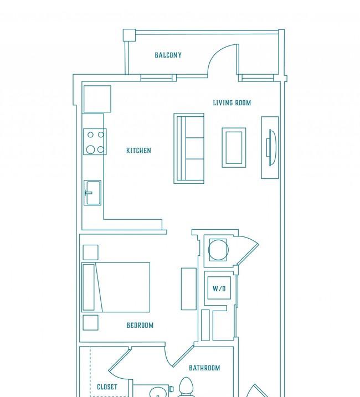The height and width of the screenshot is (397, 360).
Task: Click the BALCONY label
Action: [168, 55]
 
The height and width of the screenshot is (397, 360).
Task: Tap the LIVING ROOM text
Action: [232, 103]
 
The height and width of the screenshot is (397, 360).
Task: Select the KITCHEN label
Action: [138, 151]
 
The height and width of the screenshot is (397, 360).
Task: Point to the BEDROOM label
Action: [140, 325]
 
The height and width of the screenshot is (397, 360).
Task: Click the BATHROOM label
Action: [204, 368]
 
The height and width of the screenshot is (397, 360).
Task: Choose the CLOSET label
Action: [107, 387]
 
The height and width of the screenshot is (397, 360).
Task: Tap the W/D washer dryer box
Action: [219, 288]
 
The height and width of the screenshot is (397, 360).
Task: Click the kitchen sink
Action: [92, 193]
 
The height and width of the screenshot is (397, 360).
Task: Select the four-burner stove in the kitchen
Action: [95, 142]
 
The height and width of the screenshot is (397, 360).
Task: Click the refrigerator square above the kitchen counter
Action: [97, 99]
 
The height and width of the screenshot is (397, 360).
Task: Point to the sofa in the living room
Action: [189, 148]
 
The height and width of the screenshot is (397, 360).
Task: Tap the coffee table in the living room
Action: [234, 148]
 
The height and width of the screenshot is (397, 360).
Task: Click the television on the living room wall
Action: [270, 148]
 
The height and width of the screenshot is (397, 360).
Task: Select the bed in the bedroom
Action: [116, 287]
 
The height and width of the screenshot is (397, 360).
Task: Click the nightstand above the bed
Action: [90, 252]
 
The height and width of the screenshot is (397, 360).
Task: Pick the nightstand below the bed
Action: [90, 323]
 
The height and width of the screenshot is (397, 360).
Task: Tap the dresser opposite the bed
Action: [189, 289]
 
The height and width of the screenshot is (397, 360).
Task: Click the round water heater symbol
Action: [218, 250]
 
